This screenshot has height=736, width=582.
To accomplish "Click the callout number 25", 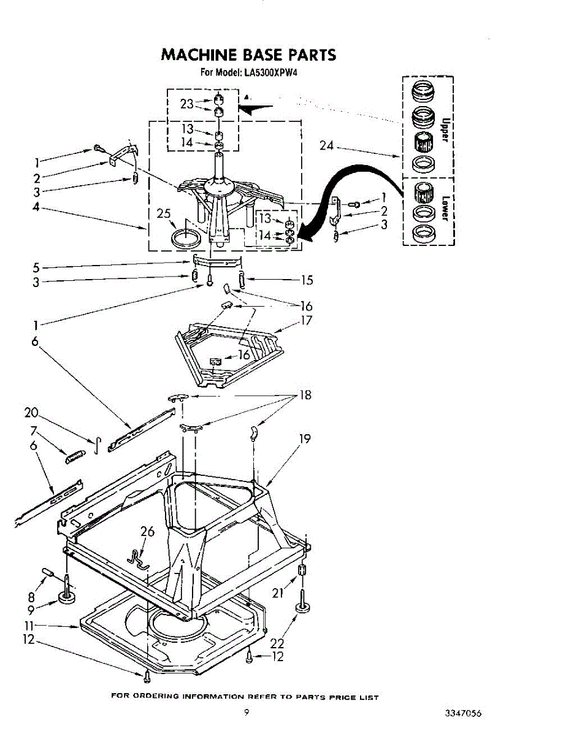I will (163, 213).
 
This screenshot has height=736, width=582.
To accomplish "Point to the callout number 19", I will (305, 439).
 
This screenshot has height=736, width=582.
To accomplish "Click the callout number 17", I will (306, 320).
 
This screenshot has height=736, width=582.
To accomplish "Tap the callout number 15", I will (307, 280).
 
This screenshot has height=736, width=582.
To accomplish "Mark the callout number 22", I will (278, 643).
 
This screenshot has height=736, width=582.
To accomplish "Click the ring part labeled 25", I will (185, 237).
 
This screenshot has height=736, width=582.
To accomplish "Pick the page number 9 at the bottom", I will (246, 712).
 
